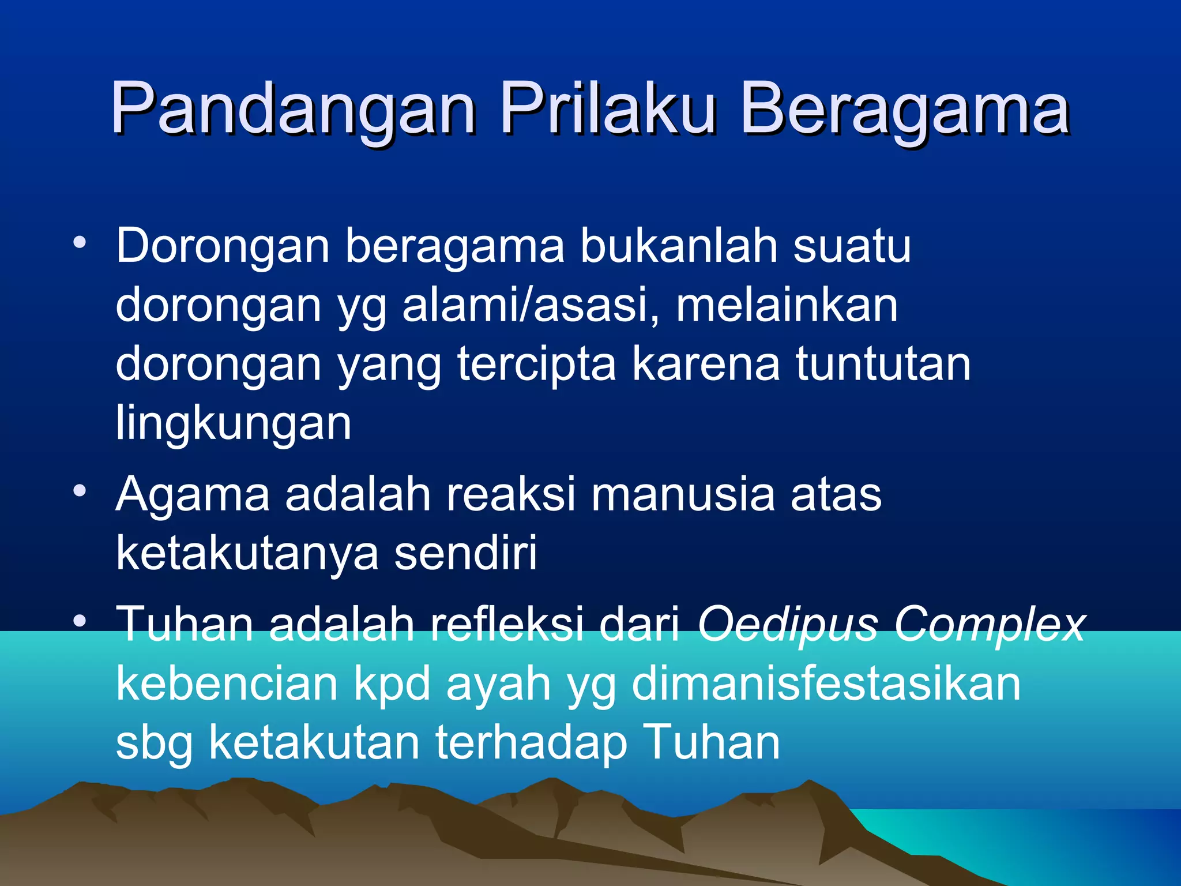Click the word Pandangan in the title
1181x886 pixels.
[x=294, y=110]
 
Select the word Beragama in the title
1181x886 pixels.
[x=905, y=110]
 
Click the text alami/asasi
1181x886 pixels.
[x=531, y=305]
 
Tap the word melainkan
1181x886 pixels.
[x=787, y=305]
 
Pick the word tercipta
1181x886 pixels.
[x=536, y=365]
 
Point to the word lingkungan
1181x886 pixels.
[x=234, y=425]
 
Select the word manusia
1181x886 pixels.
[x=683, y=494]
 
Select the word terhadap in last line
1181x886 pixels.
[x=531, y=743]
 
